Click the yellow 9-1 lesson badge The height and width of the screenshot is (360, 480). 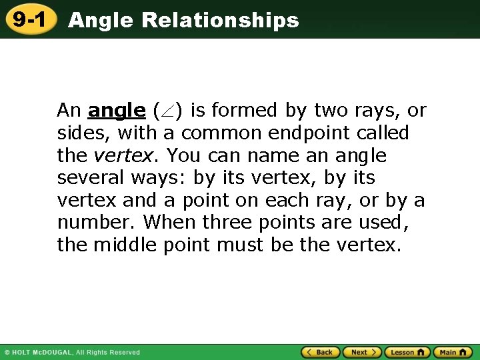tap(29, 19)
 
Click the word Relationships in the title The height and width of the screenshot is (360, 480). tap(220, 21)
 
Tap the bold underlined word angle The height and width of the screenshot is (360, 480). tap(117, 110)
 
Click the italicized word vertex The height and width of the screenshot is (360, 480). tap(123, 155)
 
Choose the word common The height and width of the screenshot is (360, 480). tap(221, 133)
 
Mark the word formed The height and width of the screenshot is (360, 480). tap(247, 110)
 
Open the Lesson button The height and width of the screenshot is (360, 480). tap(407, 352)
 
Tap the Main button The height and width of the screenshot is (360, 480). tap(452, 352)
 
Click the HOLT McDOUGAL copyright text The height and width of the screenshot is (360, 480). tap(72, 352)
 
